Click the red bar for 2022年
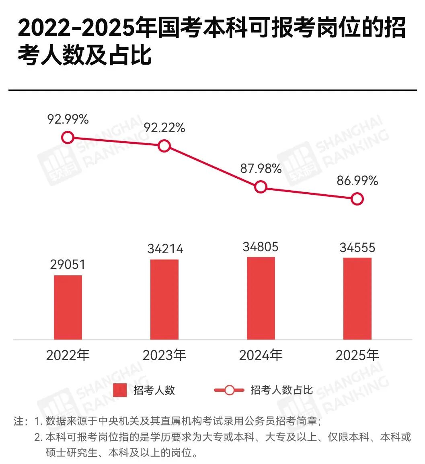coord(68,307)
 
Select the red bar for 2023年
coord(164,299)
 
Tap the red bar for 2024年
coord(261,298)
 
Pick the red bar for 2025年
coord(357,298)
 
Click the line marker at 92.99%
coord(68,138)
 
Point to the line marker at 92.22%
coord(164,146)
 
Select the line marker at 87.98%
coord(261,187)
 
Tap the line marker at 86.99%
coord(357,199)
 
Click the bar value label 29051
coord(68,265)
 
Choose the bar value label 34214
coord(165,249)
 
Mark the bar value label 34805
coord(261,247)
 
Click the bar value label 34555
coord(357,248)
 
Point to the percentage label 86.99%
coord(357,181)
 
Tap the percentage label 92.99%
coord(68,119)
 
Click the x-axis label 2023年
coord(164,355)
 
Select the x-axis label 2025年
coord(357,355)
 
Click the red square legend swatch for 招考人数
coord(120,390)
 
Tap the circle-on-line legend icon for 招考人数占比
coord(229,390)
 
